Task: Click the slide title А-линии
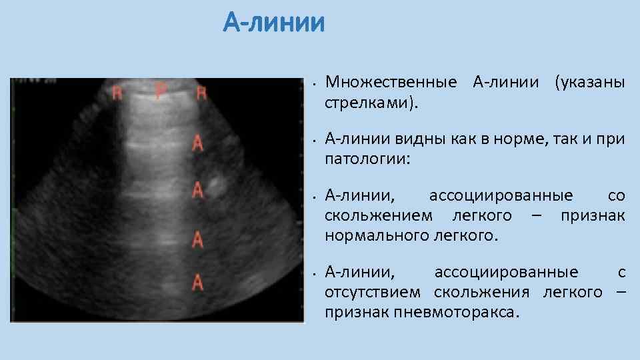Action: (274, 24)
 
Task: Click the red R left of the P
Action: (117, 93)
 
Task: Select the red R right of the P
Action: (201, 93)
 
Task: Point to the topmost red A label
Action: (197, 143)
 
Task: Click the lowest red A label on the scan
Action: (197, 283)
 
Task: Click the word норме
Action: (517, 139)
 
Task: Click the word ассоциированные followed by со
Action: (500, 196)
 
